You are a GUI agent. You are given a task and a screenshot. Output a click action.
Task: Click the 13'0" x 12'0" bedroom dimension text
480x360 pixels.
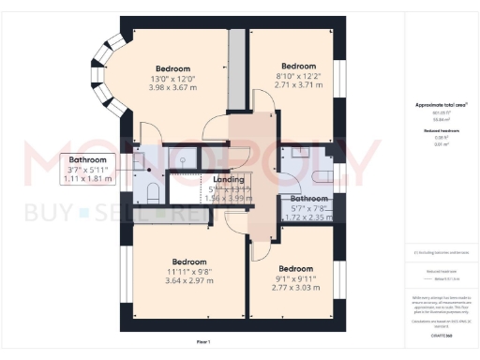coord(173,80)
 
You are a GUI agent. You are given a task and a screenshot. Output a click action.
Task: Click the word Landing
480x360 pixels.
coord(229,179)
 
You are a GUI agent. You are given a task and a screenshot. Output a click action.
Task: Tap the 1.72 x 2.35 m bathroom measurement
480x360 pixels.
coord(308,217)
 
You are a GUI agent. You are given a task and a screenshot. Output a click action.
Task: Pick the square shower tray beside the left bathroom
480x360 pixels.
coord(184,160)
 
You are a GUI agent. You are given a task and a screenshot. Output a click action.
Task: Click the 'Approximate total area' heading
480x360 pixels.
coord(434,107)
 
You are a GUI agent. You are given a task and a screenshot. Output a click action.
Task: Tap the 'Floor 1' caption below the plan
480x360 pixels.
coord(216,342)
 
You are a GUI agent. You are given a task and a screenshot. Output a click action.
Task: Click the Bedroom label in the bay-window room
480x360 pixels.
coord(173,68)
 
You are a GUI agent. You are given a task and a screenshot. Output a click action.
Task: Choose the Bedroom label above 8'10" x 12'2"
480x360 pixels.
coord(298,66)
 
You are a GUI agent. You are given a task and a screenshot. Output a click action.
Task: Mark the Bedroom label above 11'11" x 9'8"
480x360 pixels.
coord(190,261)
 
